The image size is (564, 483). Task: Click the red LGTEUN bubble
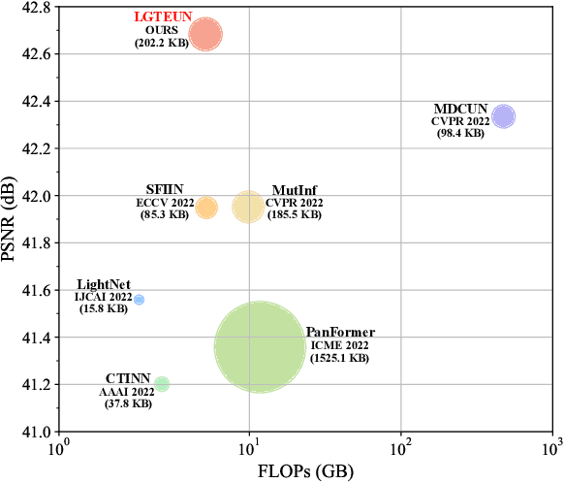[205, 35]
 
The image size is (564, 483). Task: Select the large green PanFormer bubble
[259, 346]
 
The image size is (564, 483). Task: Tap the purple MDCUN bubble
[503, 116]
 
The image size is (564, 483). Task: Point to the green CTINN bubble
[162, 384]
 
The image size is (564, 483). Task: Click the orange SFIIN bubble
[206, 207]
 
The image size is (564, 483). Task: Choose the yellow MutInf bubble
[248, 207]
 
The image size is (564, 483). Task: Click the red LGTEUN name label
[162, 17]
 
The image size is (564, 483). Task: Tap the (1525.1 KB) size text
[339, 358]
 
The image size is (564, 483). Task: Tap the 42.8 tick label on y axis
[36, 7]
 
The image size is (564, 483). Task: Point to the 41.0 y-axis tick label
[36, 432]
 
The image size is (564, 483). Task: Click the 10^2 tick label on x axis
[400, 447]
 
